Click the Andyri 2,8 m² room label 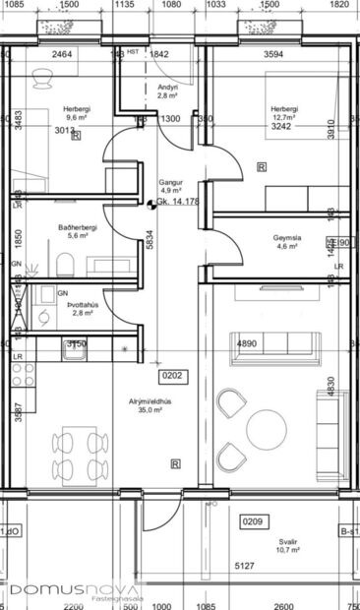point(167,92)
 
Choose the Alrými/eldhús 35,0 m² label point(150,407)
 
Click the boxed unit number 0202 point(172,375)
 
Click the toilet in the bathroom point(65,263)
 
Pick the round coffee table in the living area point(267,429)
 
